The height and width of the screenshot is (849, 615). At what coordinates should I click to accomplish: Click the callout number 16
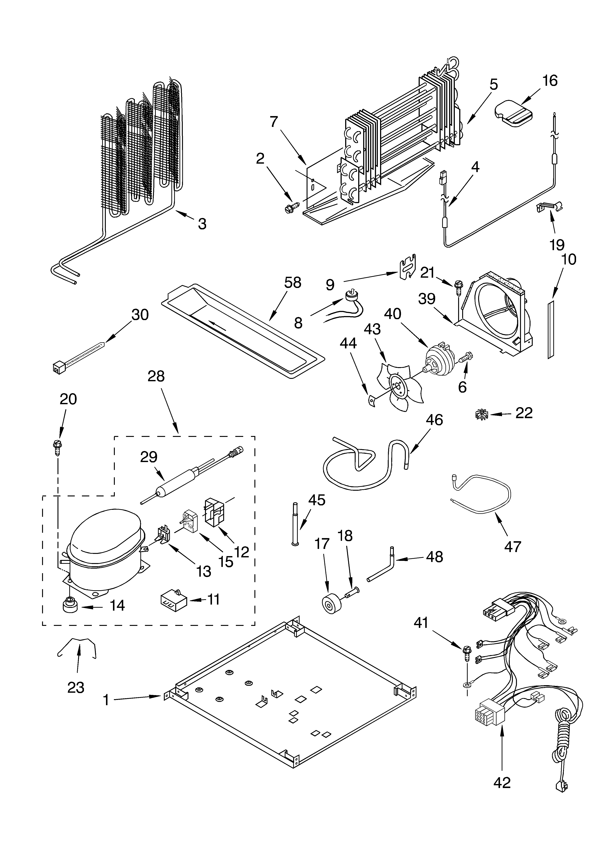[550, 81]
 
